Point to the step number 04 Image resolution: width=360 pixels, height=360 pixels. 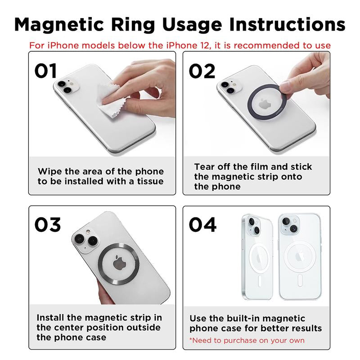(202, 225)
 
